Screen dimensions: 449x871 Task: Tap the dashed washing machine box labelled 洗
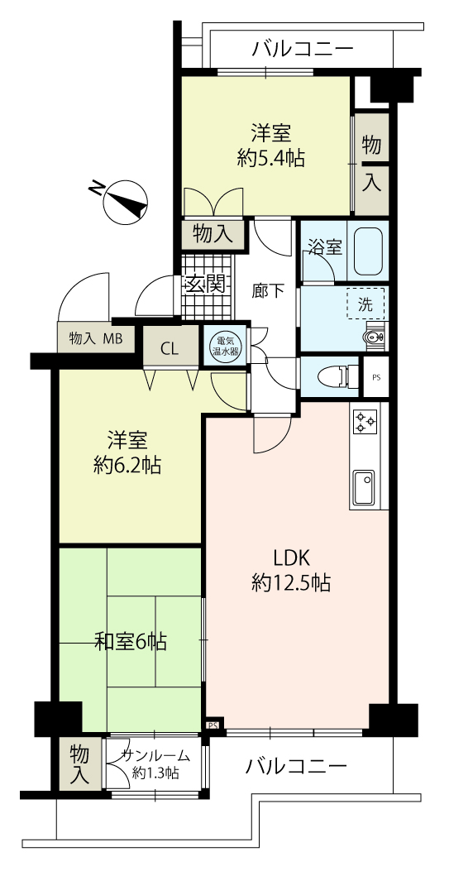(x=365, y=304)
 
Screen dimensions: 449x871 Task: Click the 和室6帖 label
(x=131, y=642)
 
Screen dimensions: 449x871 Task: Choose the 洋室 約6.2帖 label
(x=127, y=453)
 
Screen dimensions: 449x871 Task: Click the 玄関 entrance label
(x=206, y=285)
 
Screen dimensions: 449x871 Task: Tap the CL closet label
(x=170, y=349)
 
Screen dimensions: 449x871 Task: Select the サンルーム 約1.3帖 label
(x=156, y=763)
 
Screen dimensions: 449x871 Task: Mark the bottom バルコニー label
(x=296, y=767)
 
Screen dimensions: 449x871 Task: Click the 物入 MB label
(x=95, y=337)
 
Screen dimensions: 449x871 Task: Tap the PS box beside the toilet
(x=375, y=378)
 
